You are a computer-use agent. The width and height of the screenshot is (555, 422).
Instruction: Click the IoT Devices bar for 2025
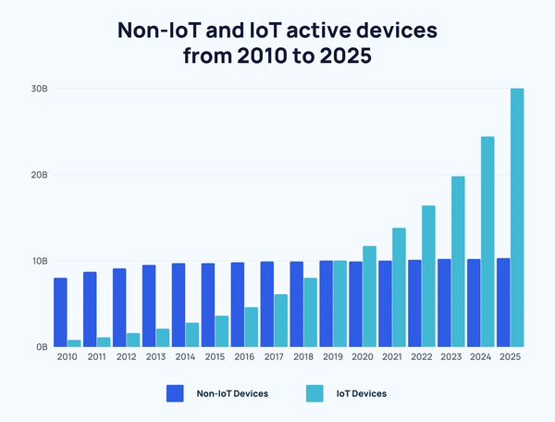coord(517,217)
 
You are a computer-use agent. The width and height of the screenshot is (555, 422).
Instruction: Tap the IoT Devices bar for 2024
coord(487,242)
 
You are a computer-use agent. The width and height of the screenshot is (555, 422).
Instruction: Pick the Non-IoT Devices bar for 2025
coord(503,303)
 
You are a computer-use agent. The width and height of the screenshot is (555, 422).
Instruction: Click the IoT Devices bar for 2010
coord(74,343)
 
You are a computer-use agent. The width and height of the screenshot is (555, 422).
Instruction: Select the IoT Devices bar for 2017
coord(280,320)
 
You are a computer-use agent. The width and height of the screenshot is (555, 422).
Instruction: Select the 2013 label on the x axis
coord(155,357)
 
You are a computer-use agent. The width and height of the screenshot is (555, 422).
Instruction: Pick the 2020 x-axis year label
coord(363,357)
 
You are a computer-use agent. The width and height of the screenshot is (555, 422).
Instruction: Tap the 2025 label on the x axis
coord(511,357)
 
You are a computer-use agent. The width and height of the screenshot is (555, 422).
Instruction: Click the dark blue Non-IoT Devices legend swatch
coord(176,393)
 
